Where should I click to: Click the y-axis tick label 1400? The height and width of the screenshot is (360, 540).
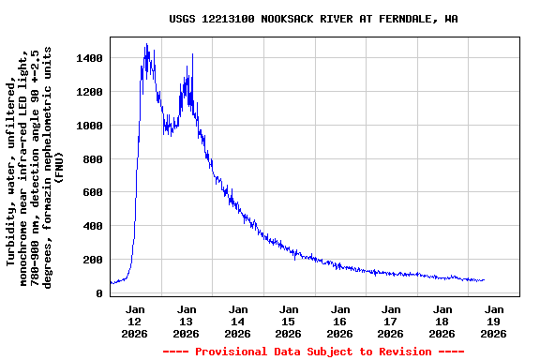(x=90, y=58)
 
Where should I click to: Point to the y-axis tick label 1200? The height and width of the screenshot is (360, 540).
(x=90, y=92)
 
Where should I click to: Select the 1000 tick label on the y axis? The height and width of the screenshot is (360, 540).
(x=90, y=126)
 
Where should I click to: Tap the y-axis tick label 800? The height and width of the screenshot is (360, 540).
(x=93, y=159)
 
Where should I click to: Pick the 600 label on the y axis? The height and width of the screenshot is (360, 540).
(x=93, y=193)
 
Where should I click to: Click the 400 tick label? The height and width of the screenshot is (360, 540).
(x=93, y=226)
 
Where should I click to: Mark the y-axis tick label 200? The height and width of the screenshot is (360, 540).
(x=93, y=260)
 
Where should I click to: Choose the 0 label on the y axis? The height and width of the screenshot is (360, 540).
(x=98, y=293)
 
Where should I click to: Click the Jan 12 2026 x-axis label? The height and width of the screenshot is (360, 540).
(x=136, y=321)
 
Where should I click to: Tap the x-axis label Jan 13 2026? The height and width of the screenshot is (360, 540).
(x=187, y=321)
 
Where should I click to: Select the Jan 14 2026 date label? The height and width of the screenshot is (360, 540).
(x=238, y=321)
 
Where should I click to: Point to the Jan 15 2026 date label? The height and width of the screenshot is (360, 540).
(x=289, y=321)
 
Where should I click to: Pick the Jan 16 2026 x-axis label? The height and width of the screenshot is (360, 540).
(x=340, y=321)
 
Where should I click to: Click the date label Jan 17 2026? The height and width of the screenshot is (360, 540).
(x=392, y=321)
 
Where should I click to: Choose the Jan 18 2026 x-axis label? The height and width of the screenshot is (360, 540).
(x=442, y=321)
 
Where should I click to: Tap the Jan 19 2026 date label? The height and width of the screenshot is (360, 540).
(x=494, y=321)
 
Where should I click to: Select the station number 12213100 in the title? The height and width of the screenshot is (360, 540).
(x=228, y=19)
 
